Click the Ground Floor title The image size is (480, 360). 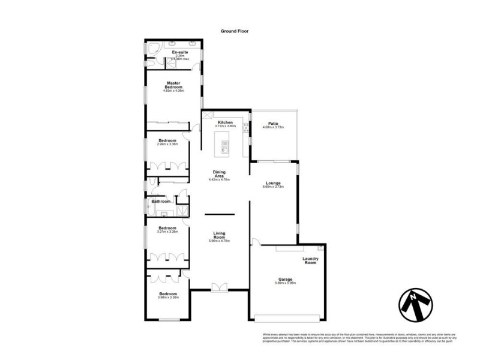click(x=234, y=31)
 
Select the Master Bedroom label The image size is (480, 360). click(x=174, y=85)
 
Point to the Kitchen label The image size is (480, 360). click(x=225, y=122)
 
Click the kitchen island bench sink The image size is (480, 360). click(x=225, y=145)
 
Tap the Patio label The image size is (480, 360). click(x=272, y=123)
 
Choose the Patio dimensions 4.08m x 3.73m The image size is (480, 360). click(x=272, y=127)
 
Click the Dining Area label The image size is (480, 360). click(x=219, y=173)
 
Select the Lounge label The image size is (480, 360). click(x=272, y=183)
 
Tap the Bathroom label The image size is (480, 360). click(x=160, y=202)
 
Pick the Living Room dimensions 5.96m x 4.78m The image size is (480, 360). click(x=219, y=241)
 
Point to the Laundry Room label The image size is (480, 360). click(x=310, y=261)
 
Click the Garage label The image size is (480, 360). click(x=285, y=279)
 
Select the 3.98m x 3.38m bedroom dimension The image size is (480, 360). click(x=167, y=298)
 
